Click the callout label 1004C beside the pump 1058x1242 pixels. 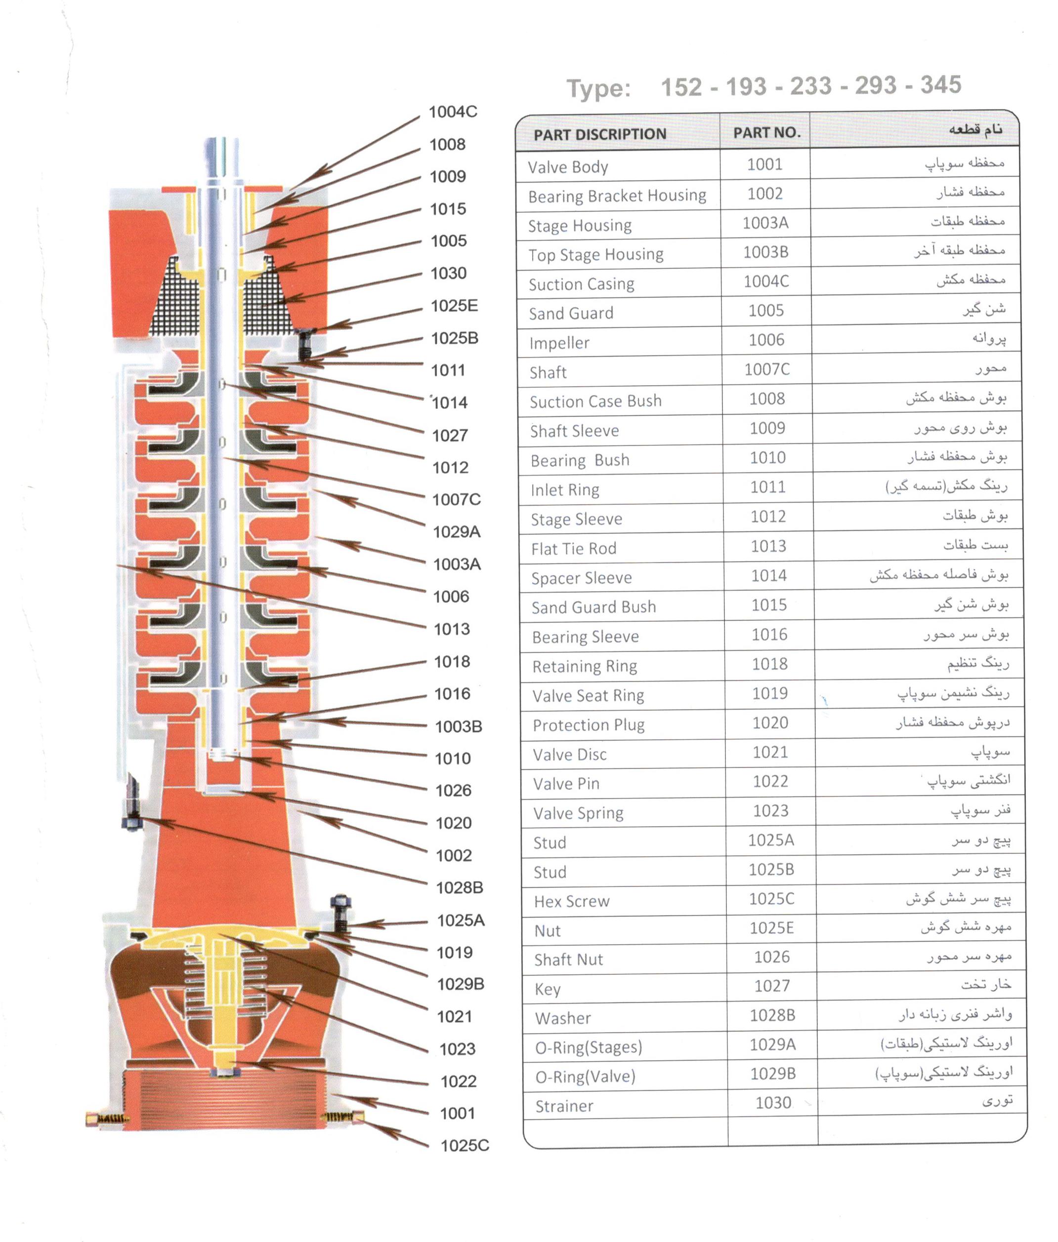tap(453, 112)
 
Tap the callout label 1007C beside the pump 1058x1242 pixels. tap(457, 499)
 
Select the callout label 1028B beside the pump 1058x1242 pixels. tap(460, 887)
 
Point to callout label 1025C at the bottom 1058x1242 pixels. tap(465, 1146)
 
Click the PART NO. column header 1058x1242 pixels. tap(767, 132)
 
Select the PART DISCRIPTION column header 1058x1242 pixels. tap(600, 134)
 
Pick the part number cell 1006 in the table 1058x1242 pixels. tap(766, 340)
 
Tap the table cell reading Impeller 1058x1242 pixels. tap(559, 343)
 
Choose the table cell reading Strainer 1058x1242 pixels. tap(564, 1106)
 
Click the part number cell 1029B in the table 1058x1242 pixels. tap(773, 1074)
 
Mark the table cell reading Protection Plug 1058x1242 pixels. tap(589, 725)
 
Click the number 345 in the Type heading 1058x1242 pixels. tap(941, 85)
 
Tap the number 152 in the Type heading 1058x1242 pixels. tap(681, 87)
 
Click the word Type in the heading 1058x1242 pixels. tap(598, 89)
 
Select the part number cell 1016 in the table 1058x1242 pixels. tap(769, 634)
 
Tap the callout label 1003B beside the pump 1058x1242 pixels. tap(459, 726)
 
